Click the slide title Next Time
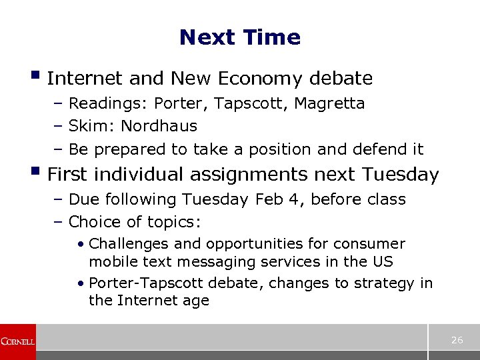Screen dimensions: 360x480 (240, 37)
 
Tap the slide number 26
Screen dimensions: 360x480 (457, 340)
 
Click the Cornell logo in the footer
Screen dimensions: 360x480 (17, 341)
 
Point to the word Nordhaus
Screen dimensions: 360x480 (159, 126)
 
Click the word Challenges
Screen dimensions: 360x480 (127, 244)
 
